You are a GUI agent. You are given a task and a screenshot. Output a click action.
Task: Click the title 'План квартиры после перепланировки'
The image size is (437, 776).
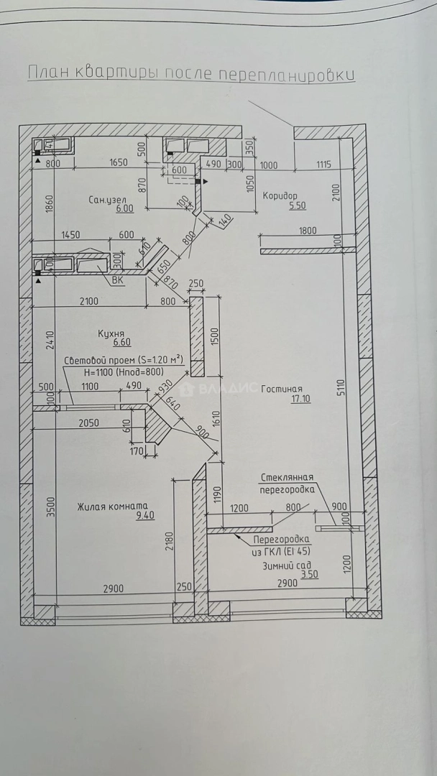pyautogui.click(x=190, y=74)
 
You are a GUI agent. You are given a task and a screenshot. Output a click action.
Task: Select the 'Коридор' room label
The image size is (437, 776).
pyautogui.click(x=280, y=195)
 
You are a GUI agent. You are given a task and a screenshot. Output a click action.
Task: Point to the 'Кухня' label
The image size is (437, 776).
pyautogui.click(x=111, y=333)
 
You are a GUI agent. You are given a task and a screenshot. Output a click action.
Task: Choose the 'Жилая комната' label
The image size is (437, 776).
pyautogui.click(x=112, y=506)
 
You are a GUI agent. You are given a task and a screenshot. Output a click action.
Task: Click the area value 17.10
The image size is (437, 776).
pyautogui.click(x=300, y=399)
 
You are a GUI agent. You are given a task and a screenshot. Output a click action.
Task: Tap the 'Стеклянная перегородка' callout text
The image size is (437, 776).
pyautogui.click(x=287, y=483)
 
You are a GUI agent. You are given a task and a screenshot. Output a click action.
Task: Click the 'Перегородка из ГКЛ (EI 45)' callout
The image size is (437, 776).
pyautogui.click(x=281, y=544)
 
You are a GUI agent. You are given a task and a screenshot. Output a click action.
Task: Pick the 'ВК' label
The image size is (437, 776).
pyautogui.click(x=118, y=281)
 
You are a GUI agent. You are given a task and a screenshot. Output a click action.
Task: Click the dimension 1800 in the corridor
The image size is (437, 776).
pyautogui.click(x=307, y=231)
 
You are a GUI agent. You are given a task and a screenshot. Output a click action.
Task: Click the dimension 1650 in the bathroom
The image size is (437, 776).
pyautogui.click(x=118, y=164)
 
